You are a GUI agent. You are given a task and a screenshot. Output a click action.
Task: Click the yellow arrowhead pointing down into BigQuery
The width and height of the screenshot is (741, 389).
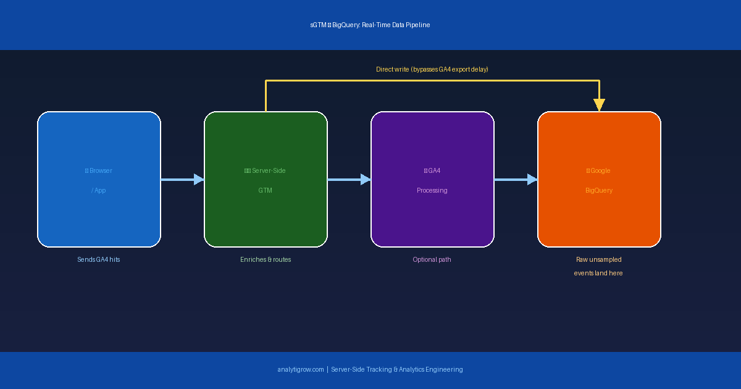tap(599, 105)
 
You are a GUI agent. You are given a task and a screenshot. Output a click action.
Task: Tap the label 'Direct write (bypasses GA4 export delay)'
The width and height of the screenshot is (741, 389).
tap(432, 69)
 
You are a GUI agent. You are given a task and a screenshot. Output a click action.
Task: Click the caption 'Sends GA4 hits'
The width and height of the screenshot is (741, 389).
tap(99, 259)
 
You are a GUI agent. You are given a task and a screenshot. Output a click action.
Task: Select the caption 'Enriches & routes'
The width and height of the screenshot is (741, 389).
tap(266, 259)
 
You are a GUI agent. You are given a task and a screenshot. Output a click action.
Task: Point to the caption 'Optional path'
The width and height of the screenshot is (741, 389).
tap(432, 259)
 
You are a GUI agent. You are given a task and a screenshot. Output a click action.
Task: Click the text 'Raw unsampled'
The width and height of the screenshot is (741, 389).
tap(599, 259)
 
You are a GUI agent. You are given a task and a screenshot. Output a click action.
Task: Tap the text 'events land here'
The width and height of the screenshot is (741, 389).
tap(598, 273)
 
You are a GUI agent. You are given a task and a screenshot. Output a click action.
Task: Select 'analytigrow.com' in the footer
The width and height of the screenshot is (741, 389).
tap(301, 369)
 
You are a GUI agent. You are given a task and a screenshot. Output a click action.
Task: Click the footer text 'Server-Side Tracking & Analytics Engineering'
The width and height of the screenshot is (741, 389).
tap(397, 369)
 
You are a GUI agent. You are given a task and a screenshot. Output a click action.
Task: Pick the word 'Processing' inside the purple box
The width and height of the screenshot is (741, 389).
tap(432, 190)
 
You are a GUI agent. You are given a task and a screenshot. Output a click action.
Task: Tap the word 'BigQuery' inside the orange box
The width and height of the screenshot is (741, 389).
tap(599, 190)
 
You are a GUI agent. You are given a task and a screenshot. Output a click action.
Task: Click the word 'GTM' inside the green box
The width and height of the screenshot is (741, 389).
tap(266, 190)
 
